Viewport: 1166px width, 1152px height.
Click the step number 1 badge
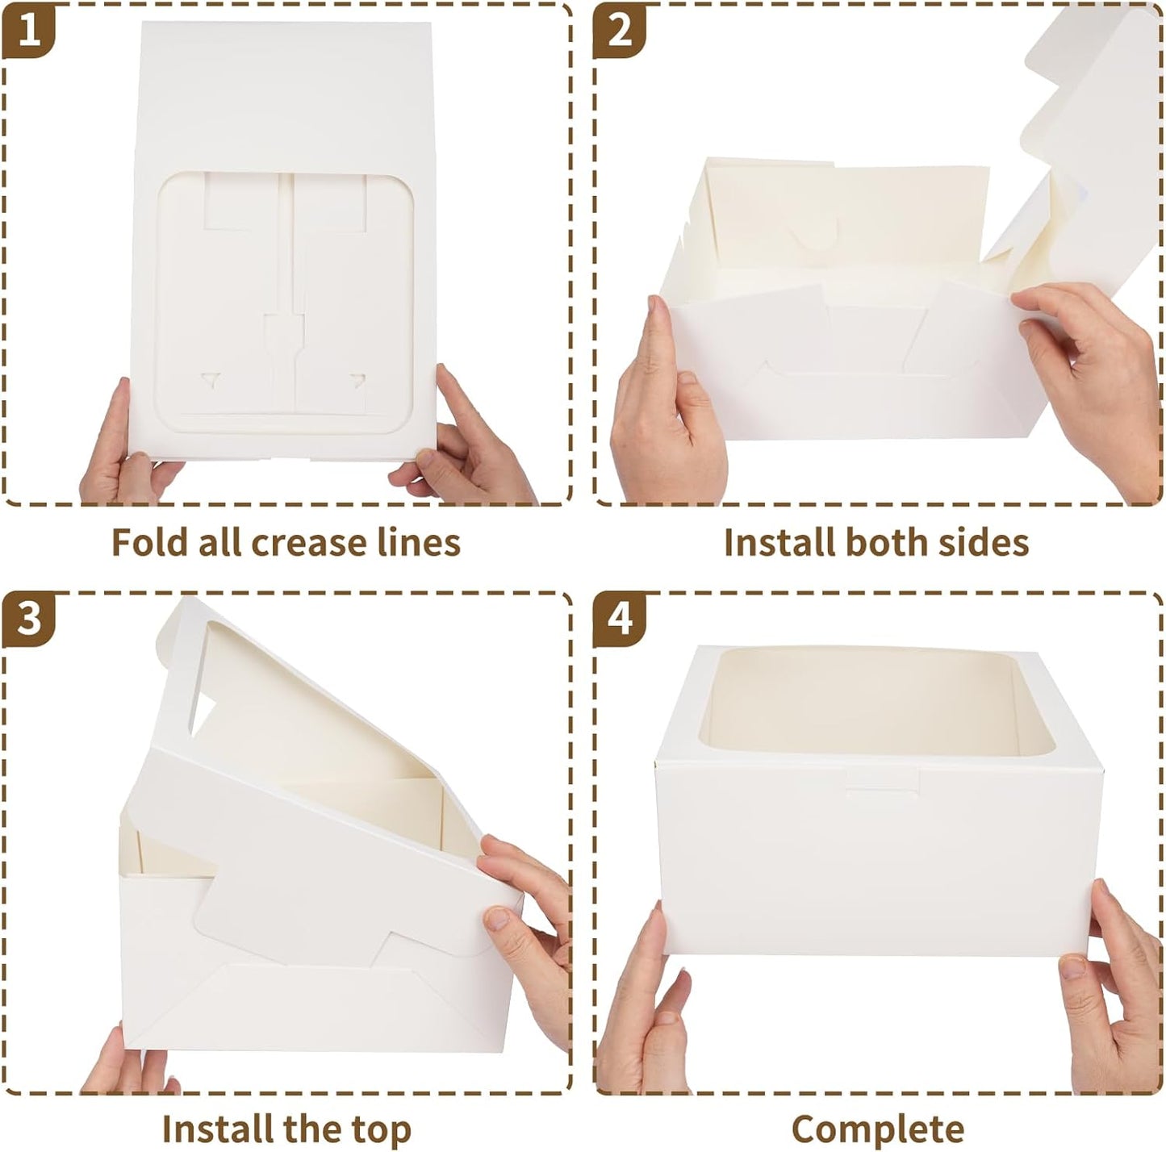(29, 31)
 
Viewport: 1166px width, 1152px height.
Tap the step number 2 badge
(620, 31)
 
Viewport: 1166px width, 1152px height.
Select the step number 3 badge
(29, 620)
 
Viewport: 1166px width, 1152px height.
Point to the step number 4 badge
(620, 620)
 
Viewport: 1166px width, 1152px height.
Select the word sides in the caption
(988, 542)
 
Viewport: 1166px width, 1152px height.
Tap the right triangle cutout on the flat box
(356, 378)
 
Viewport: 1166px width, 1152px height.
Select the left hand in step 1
(121, 444)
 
